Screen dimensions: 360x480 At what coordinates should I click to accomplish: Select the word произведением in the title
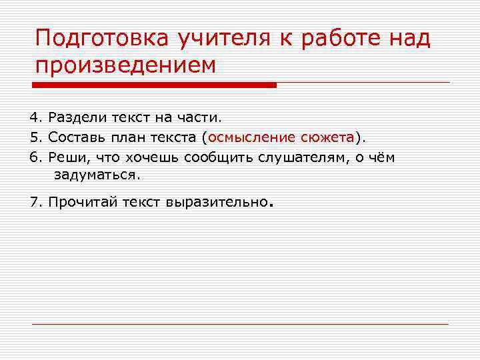click(x=126, y=67)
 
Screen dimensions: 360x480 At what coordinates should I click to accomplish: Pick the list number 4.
click(x=35, y=118)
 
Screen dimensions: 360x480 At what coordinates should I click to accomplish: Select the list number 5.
click(x=35, y=137)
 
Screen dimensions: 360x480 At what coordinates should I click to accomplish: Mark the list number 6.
click(x=35, y=157)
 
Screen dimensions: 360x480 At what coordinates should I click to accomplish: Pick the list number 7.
click(x=35, y=202)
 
